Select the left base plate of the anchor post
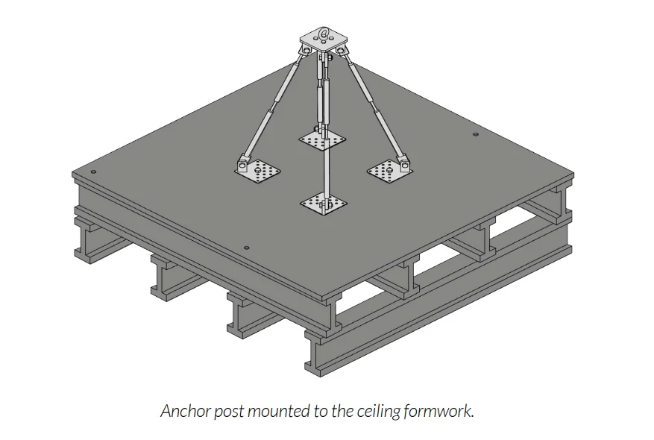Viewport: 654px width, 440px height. (261, 171)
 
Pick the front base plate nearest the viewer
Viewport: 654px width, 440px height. (324, 203)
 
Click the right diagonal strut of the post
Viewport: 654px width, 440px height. (373, 108)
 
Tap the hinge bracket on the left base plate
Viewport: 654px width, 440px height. (244, 162)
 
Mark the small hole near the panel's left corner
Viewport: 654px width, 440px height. (93, 172)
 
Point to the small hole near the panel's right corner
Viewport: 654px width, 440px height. (475, 135)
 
